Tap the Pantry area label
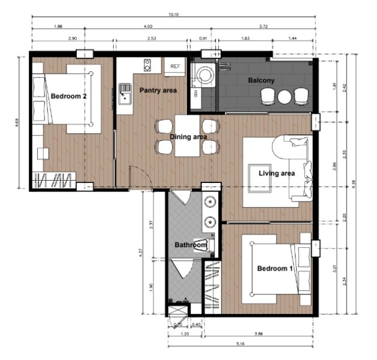tap(158, 90)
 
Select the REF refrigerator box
tap(175, 66)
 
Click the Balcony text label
tap(261, 80)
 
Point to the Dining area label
tap(188, 137)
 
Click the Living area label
tap(276, 173)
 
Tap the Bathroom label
tap(191, 245)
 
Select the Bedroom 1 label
tap(275, 268)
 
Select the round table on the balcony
tap(285, 96)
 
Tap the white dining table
tap(188, 135)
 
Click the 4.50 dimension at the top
tap(152, 27)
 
